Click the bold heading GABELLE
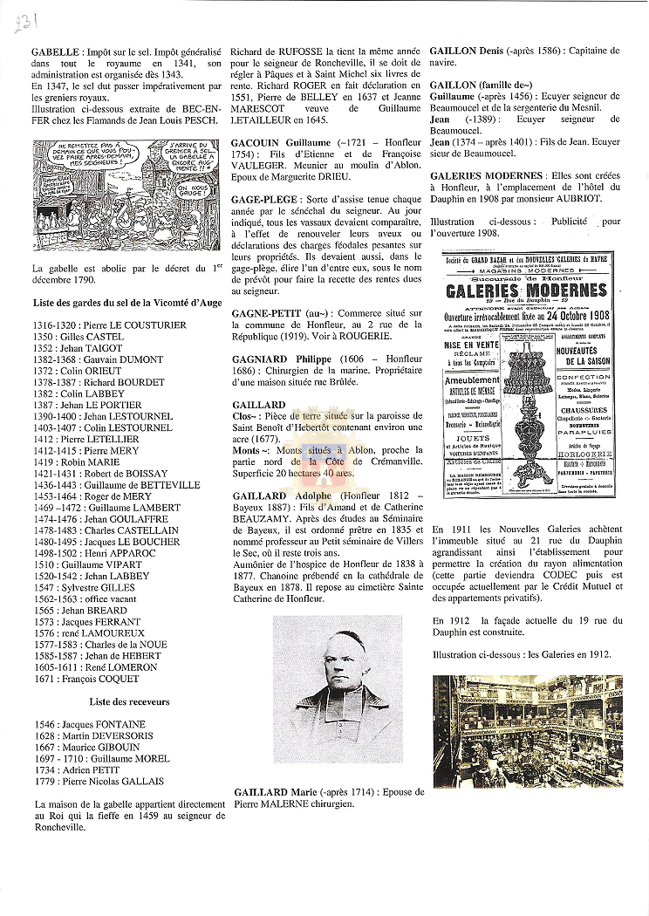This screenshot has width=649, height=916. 53,52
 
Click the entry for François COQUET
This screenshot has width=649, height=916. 93,679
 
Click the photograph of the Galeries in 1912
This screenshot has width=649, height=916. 528,730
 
